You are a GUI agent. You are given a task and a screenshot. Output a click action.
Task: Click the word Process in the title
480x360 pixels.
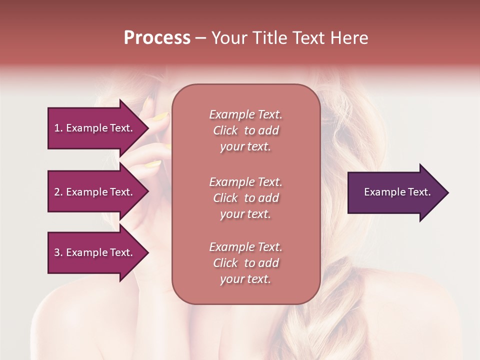pyautogui.click(x=157, y=38)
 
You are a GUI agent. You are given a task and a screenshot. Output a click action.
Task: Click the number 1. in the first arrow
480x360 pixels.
pyautogui.click(x=58, y=128)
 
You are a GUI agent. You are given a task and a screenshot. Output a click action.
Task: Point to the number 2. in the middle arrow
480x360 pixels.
pyautogui.click(x=58, y=192)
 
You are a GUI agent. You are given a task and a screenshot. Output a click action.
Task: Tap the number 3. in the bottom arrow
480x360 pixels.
pyautogui.click(x=58, y=252)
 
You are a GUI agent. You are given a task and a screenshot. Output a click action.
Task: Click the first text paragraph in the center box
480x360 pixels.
pyautogui.click(x=245, y=130)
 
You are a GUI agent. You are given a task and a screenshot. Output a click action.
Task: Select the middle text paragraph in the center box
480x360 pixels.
pyautogui.click(x=245, y=197)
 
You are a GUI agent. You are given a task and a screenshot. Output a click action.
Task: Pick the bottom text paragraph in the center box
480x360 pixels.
pyautogui.click(x=245, y=263)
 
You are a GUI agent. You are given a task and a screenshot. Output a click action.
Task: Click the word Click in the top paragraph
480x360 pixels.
pyautogui.click(x=225, y=130)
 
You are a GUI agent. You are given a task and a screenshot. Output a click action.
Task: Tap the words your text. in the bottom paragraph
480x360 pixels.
pyautogui.click(x=245, y=279)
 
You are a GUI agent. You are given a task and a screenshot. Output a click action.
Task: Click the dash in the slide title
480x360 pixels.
pyautogui.click(x=201, y=38)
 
